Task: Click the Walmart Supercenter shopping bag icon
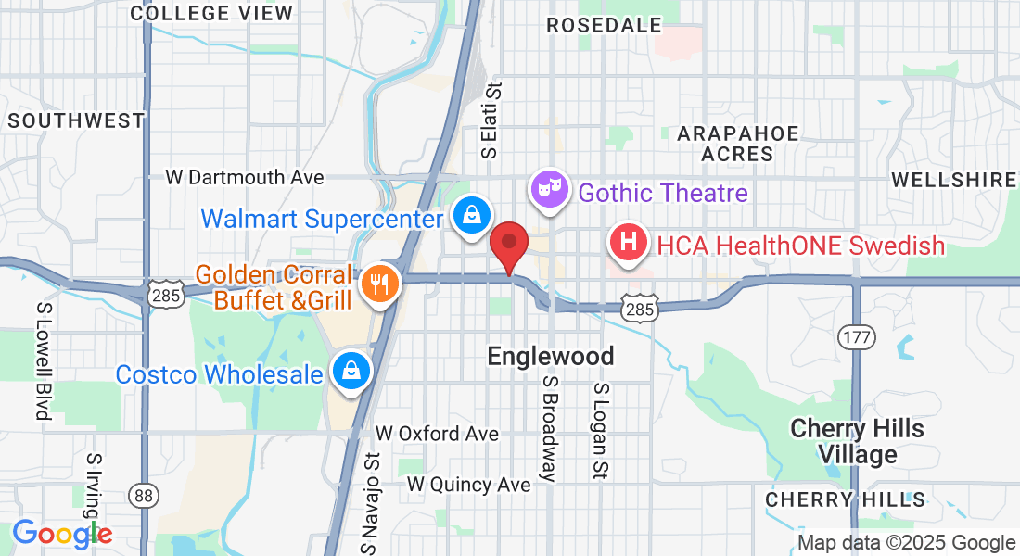click(x=472, y=215)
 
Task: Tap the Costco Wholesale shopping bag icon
click(x=351, y=372)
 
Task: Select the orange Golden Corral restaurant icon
click(x=378, y=284)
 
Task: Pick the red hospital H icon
click(x=628, y=244)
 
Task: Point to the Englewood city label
click(x=551, y=357)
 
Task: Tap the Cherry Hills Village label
click(x=857, y=441)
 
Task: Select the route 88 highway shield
click(x=143, y=496)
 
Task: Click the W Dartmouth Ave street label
click(x=245, y=177)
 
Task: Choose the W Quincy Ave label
click(x=469, y=485)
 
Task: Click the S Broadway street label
click(x=549, y=429)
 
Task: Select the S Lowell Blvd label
click(x=43, y=360)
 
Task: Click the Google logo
click(x=62, y=534)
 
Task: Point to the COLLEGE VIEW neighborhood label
click(x=211, y=13)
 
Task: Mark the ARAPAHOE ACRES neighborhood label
click(x=738, y=144)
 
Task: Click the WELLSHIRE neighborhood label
click(x=953, y=180)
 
